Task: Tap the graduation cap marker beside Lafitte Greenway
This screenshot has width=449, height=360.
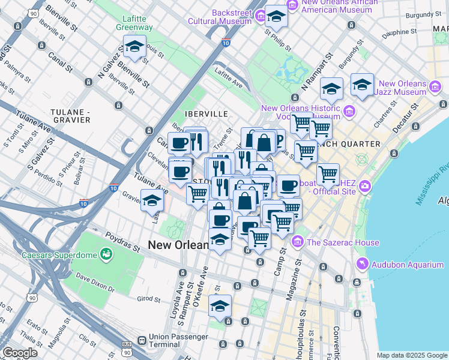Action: (135, 46)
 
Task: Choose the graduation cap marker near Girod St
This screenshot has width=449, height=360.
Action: (220, 306)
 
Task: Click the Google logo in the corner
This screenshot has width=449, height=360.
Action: (20, 353)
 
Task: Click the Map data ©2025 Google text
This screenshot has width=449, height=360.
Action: (412, 355)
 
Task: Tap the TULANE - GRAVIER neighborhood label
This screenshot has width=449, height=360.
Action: (70, 116)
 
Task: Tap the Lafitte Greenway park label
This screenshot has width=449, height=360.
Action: (134, 23)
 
